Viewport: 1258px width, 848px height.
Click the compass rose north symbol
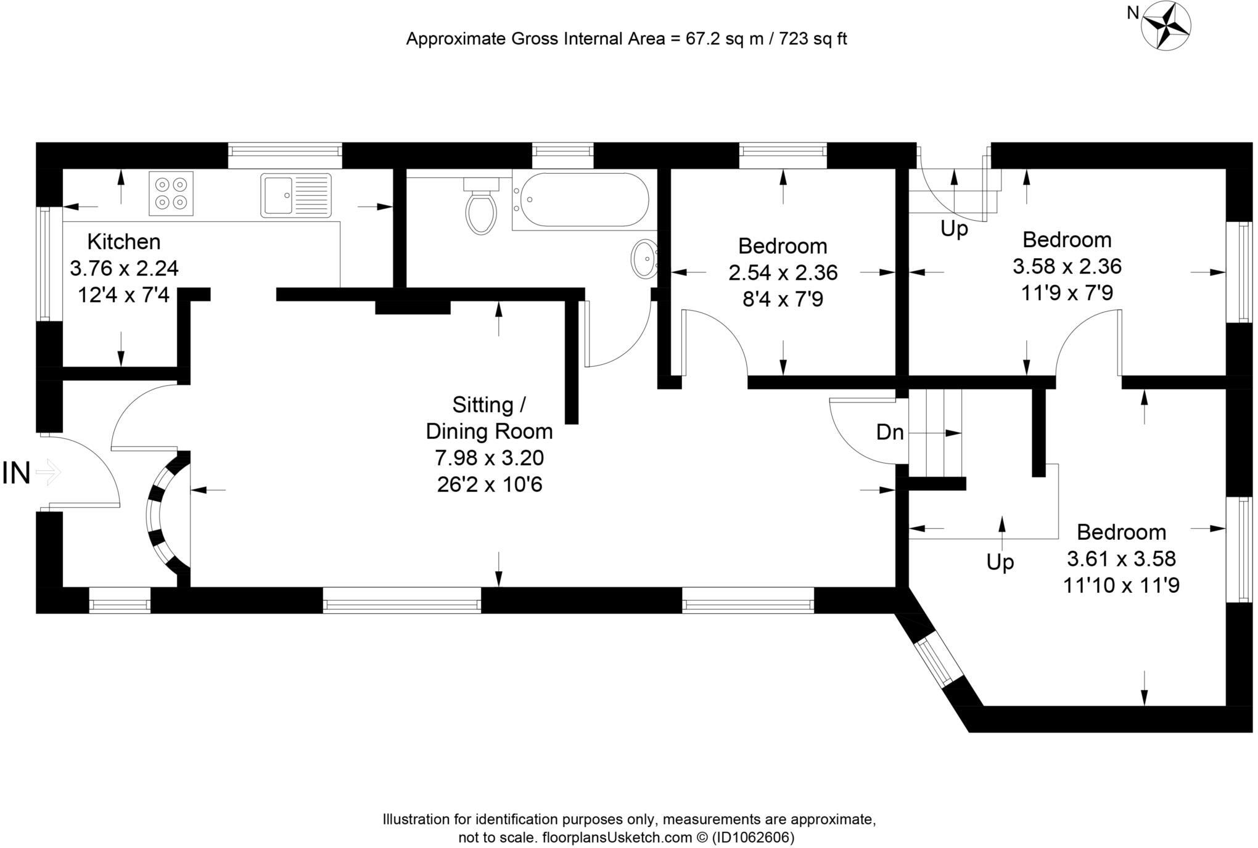click(x=1165, y=26)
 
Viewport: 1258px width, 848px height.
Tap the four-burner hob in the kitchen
click(x=171, y=194)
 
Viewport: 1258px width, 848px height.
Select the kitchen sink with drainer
click(x=296, y=195)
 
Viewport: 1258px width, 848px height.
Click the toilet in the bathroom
click(x=482, y=205)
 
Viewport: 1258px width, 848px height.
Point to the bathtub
click(x=580, y=202)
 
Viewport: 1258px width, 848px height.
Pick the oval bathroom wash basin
click(x=644, y=259)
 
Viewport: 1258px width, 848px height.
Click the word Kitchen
click(x=124, y=242)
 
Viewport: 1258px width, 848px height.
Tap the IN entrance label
click(x=17, y=473)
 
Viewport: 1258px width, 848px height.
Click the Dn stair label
click(x=890, y=433)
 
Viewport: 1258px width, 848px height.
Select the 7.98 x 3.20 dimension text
click(x=490, y=458)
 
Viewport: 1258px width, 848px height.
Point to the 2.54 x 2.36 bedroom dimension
click(x=783, y=272)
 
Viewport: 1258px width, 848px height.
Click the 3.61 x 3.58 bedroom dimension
click(x=1122, y=558)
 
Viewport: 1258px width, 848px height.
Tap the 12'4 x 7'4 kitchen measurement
click(x=123, y=295)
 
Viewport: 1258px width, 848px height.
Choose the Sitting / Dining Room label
click(x=490, y=418)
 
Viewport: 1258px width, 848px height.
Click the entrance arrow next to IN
click(x=49, y=473)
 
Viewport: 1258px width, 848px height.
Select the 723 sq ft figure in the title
click(x=813, y=39)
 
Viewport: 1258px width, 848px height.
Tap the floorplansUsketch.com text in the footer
click(x=617, y=838)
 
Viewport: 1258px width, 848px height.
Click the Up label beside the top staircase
click(x=954, y=229)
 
